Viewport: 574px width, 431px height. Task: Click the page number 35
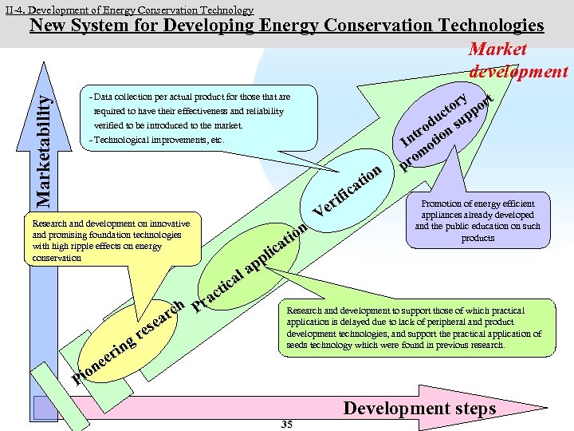click(x=287, y=425)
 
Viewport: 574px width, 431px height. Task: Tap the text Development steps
click(x=419, y=409)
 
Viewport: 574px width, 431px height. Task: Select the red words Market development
click(x=517, y=61)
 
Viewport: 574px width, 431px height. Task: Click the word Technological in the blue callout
click(x=124, y=140)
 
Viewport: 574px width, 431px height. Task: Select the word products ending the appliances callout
click(x=478, y=238)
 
